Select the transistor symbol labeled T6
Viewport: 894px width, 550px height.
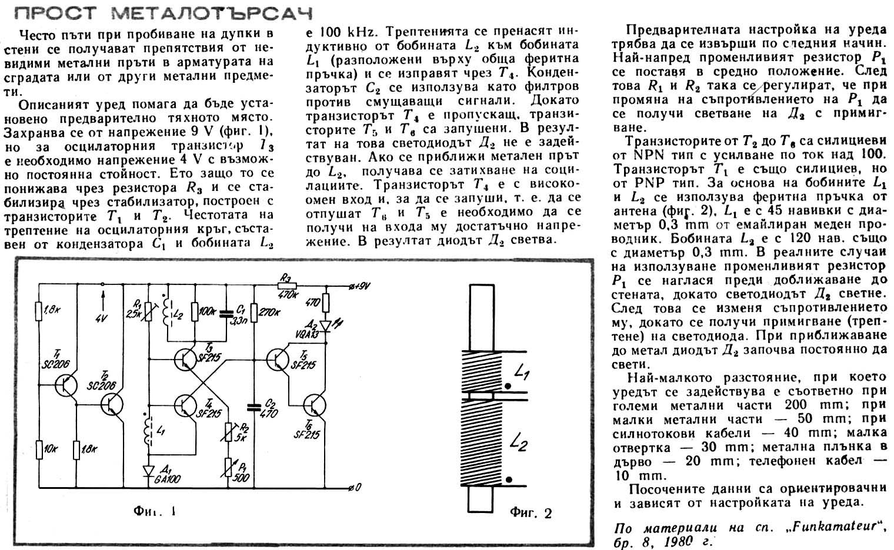(315, 405)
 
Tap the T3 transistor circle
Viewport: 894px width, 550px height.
(185, 360)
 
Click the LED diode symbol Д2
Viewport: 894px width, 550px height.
(326, 327)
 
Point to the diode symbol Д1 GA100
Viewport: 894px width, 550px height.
(149, 471)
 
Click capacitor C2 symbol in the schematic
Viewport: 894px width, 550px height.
(254, 407)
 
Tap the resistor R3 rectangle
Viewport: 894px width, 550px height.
(287, 286)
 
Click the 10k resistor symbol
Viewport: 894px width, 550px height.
(39, 450)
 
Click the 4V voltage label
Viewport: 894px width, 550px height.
(102, 318)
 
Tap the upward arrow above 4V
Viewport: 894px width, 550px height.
(102, 300)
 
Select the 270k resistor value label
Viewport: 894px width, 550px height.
(269, 312)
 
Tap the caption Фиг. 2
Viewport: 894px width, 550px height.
(531, 512)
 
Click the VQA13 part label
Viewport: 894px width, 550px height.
(308, 334)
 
